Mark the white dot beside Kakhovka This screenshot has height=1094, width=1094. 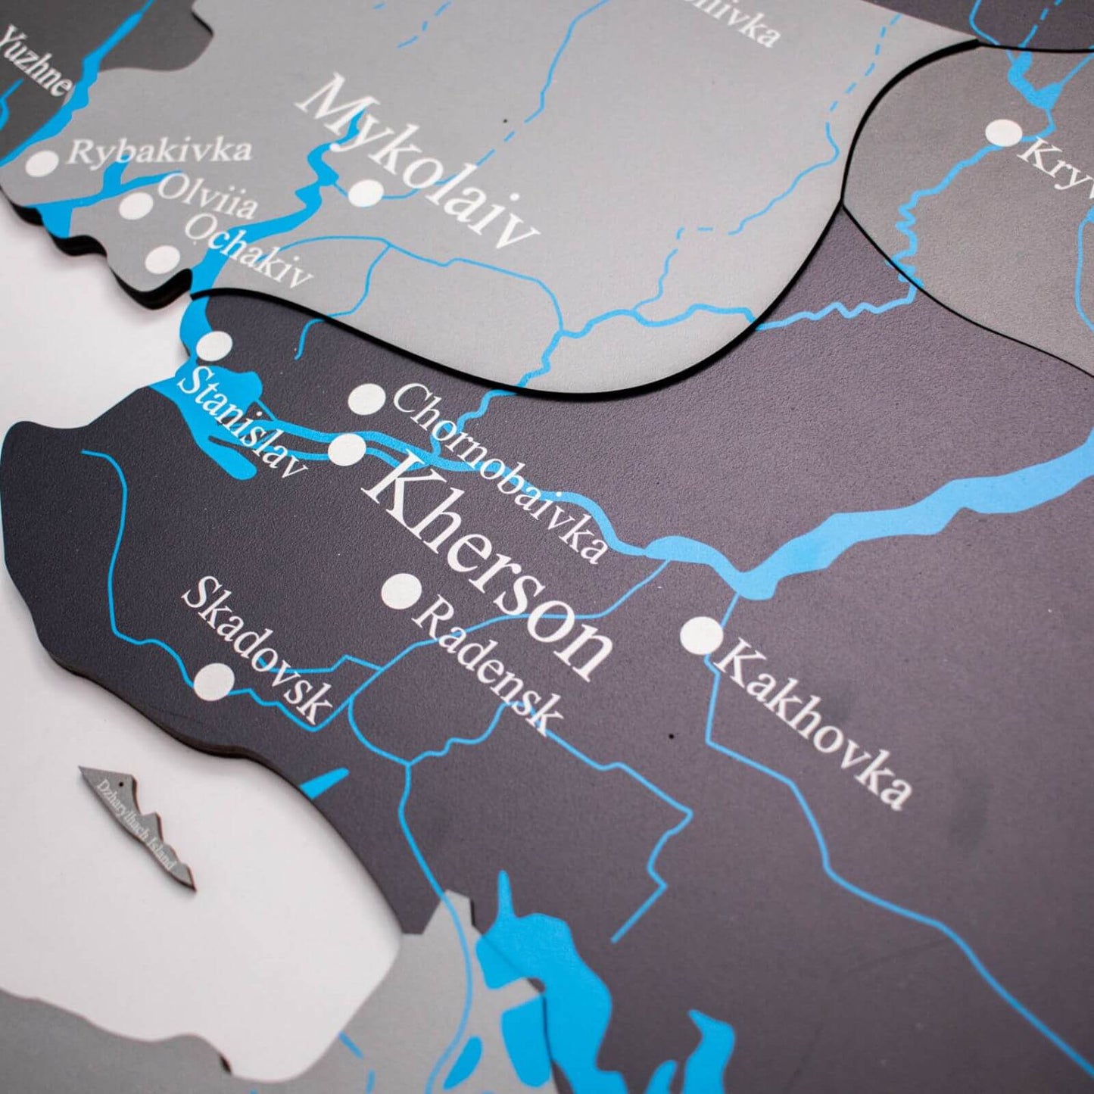(701, 635)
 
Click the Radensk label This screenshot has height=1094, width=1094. (488, 667)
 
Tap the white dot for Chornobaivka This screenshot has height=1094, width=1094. (367, 399)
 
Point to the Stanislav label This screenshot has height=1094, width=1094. (242, 424)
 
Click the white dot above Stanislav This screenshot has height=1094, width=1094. (214, 346)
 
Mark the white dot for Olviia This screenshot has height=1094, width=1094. (136, 204)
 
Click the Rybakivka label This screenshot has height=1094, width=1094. (159, 149)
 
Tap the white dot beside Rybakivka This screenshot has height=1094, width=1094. (42, 161)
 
